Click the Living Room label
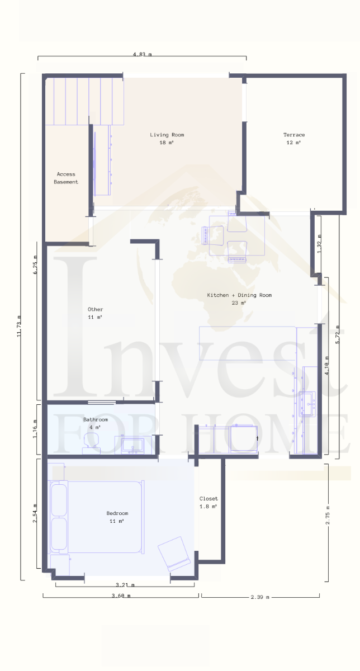pos(167,139)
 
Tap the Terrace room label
pos(294,139)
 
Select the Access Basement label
pos(66,178)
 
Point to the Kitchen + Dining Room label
pos(239,299)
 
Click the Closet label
pos(209,502)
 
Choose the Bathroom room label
pos(96,423)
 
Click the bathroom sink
pos(133,446)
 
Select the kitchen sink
pos(307,404)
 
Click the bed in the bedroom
pos(96,517)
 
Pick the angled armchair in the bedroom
pos(174,553)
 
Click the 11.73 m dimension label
pos(19,326)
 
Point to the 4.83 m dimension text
pos(142,54)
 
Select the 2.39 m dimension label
pos(260,597)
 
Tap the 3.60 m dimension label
pos(121,596)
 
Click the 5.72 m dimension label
pos(338,334)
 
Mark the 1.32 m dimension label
pos(319,244)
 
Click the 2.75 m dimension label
pos(328,515)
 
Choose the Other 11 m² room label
pos(95,313)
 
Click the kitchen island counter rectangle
pos(248,343)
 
